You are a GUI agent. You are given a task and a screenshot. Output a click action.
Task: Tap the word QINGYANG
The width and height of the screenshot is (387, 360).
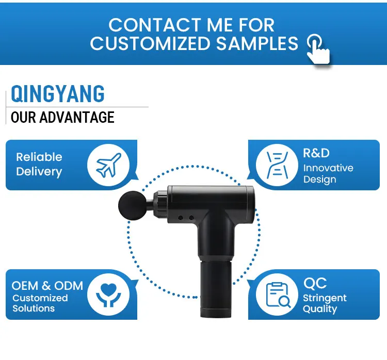tap(58, 94)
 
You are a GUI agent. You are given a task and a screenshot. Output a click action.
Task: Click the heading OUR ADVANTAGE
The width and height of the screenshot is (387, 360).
tap(62, 118)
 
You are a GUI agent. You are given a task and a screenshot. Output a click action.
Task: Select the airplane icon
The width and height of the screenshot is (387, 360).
tap(108, 165)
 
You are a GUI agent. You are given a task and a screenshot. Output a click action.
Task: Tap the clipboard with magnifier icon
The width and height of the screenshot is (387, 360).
tap(277, 294)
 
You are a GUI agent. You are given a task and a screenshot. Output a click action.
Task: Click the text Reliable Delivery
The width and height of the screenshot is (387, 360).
tap(39, 165)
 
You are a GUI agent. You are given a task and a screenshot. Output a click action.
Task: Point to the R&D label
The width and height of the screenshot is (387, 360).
tap(316, 153)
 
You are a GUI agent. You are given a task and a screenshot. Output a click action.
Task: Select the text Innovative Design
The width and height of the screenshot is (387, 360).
tap(328, 174)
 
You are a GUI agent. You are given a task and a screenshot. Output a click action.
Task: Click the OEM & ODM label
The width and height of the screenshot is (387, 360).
tap(47, 286)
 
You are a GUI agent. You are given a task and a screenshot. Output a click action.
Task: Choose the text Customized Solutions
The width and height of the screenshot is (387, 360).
tap(40, 303)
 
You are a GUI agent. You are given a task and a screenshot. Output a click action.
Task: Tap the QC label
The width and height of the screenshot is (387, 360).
tap(315, 283)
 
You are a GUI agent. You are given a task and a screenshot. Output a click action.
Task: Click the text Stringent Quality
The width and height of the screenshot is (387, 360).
tap(325, 304)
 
